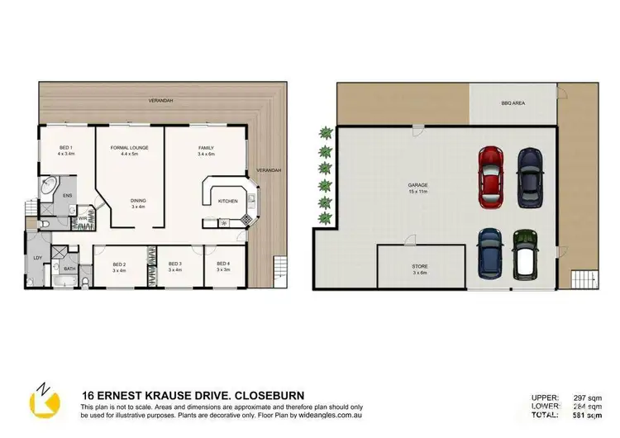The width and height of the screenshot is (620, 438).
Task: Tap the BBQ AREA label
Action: (x=513, y=104)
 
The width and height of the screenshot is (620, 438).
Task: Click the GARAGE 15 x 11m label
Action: (x=417, y=188)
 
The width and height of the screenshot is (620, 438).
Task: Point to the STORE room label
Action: (x=409, y=269)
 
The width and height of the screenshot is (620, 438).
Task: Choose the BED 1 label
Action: (x=66, y=150)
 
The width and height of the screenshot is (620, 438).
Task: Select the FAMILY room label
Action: (x=206, y=150)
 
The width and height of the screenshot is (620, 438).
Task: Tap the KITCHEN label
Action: (x=228, y=200)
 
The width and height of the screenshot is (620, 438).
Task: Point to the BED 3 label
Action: (x=174, y=267)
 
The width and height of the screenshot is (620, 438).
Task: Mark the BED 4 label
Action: (x=223, y=267)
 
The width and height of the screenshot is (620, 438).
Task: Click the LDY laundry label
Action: (x=37, y=258)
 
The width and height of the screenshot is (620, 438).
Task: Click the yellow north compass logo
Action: (x=45, y=399)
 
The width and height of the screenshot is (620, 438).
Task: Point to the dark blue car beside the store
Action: (x=490, y=254)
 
